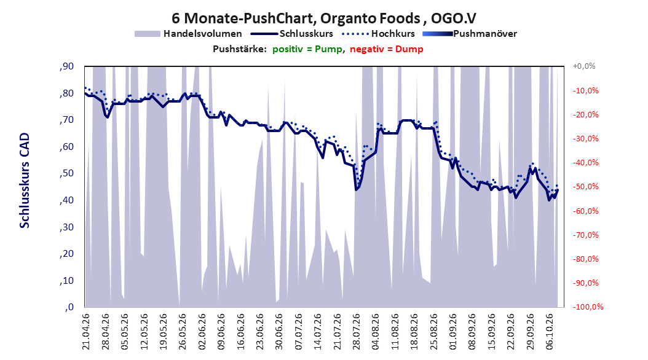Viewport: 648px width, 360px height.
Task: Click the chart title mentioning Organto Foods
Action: click(x=323, y=18)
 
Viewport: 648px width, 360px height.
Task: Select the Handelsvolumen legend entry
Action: click(x=188, y=34)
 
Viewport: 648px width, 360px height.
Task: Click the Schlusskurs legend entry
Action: click(x=292, y=34)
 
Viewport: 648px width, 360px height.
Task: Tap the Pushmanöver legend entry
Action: click(x=470, y=34)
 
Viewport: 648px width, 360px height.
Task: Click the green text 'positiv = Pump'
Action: click(x=307, y=49)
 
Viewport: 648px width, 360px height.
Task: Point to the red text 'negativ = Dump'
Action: click(x=387, y=49)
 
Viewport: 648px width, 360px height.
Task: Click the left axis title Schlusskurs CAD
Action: click(x=25, y=181)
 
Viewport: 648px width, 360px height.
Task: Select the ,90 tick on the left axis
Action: click(x=66, y=66)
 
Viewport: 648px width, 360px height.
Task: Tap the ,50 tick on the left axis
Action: click(x=66, y=173)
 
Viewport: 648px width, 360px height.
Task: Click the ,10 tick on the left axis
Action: click(x=66, y=280)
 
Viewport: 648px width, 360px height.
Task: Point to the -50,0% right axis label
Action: click(x=585, y=187)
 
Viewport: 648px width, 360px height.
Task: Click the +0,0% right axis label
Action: click(x=584, y=66)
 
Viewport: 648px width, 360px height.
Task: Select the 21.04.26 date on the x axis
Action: click(x=85, y=332)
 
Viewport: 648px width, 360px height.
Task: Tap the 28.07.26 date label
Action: click(x=356, y=332)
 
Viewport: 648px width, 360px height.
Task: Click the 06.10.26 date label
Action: click(x=550, y=332)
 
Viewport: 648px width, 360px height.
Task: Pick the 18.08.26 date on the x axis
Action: click(x=414, y=332)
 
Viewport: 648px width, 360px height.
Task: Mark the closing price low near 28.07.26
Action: click(x=356, y=189)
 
